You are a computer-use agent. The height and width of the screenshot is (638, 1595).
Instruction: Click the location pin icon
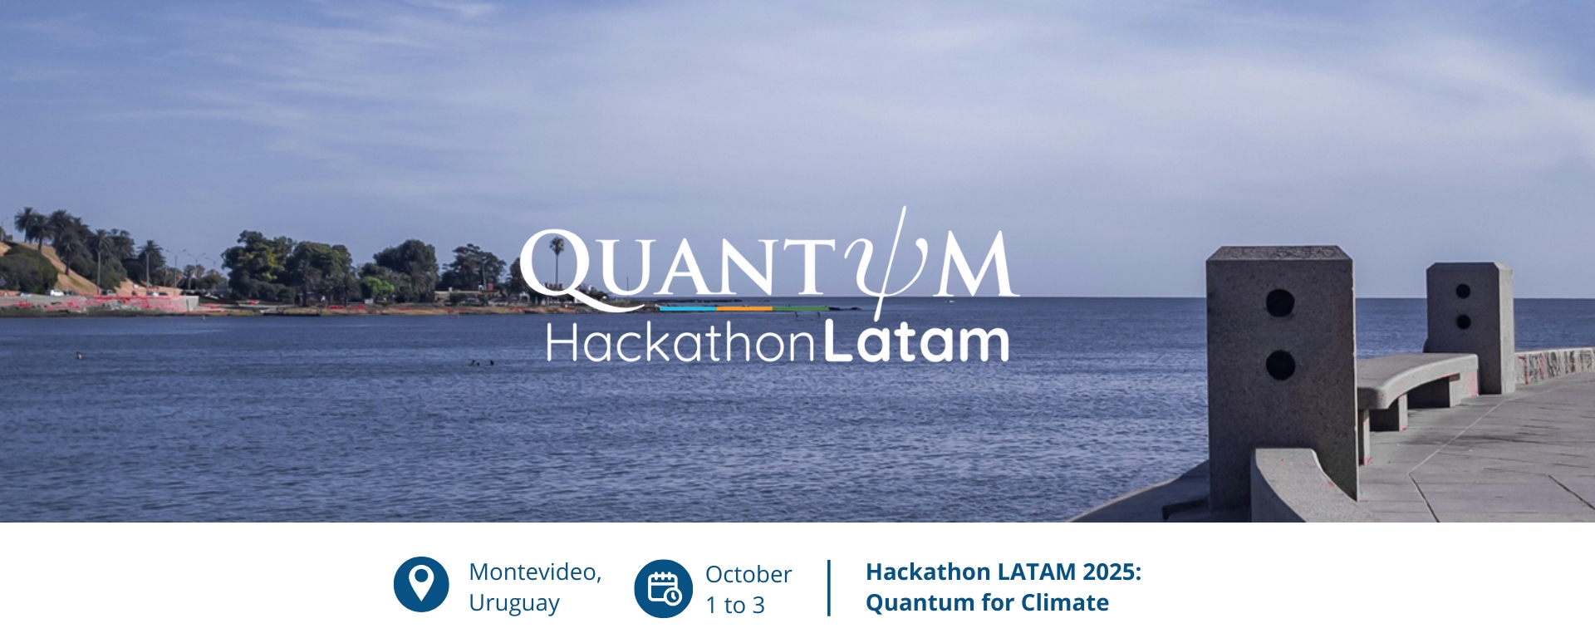point(421,584)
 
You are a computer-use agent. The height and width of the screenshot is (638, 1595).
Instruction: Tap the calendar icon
point(663,589)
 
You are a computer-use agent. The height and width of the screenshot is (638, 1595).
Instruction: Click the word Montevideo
point(535,572)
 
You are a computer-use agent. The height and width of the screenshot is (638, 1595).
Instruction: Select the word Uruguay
point(514,603)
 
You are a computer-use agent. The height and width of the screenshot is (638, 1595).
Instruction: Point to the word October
point(748,574)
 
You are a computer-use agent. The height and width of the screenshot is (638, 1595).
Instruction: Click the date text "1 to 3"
point(735,605)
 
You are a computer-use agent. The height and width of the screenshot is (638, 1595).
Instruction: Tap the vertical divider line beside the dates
point(829,588)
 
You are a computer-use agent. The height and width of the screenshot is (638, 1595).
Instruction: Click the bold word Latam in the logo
point(916,341)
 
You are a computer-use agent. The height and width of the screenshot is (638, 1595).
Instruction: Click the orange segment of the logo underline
point(744,308)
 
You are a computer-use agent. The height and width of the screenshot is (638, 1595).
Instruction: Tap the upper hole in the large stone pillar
point(1280,302)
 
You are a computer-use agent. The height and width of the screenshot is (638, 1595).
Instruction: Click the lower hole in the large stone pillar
point(1280,365)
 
